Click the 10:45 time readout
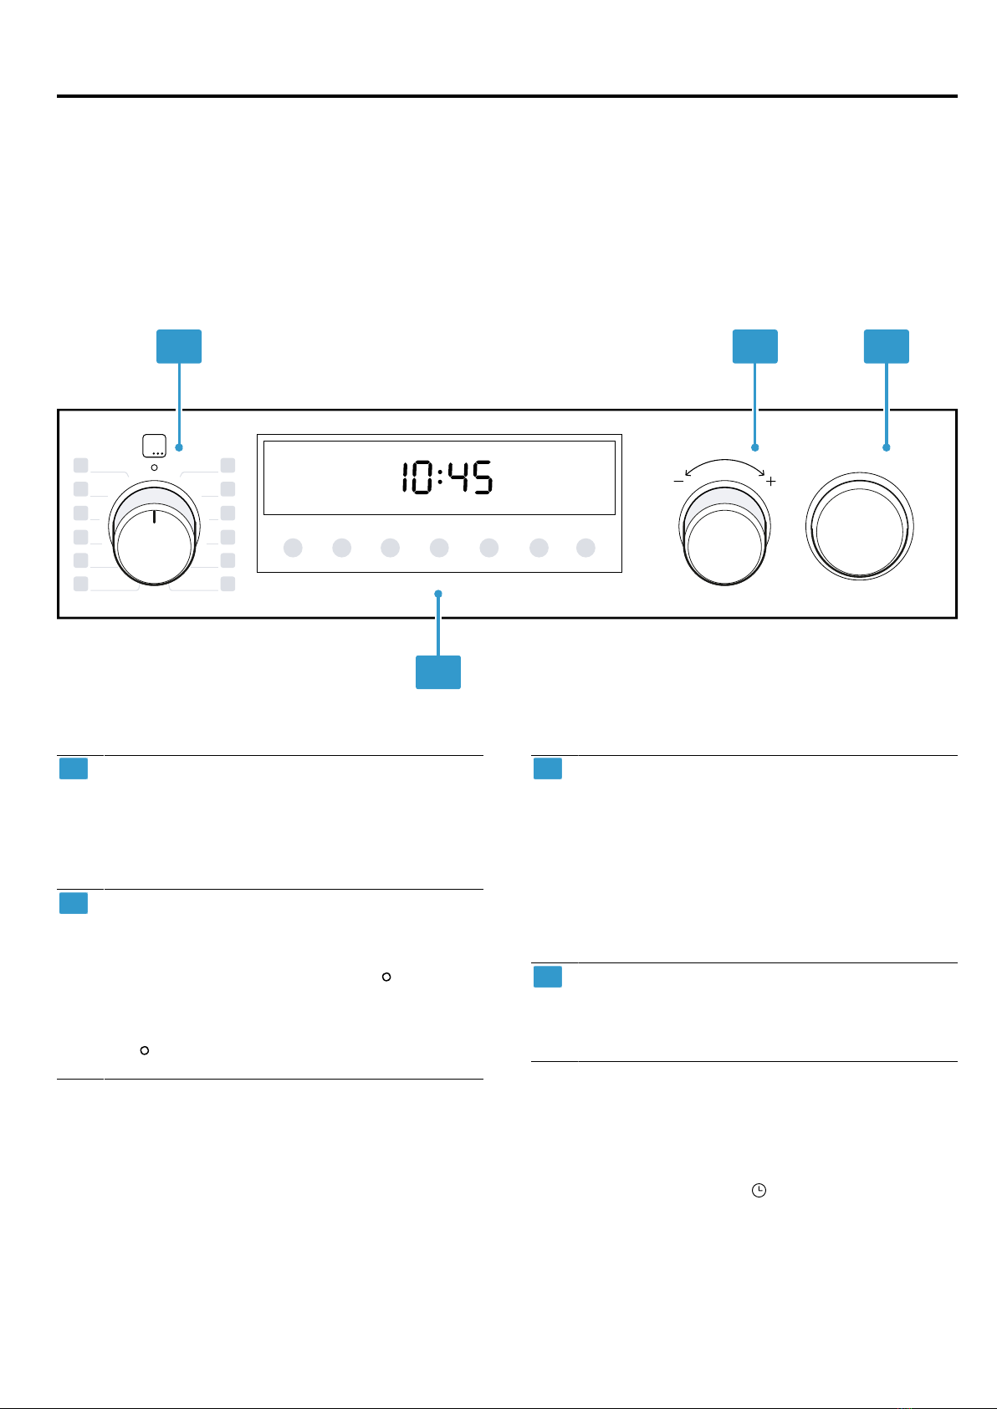tap(447, 477)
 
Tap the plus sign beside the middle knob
tap(770, 481)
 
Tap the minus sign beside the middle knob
tap(678, 481)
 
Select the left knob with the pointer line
tap(154, 533)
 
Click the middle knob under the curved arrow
tap(724, 533)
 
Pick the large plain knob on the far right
tap(859, 527)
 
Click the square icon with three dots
tap(154, 446)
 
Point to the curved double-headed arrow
tap(724, 461)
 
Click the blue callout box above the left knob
tap(179, 346)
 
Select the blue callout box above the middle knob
tap(754, 346)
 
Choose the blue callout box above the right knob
tap(887, 346)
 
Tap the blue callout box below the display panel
tap(438, 672)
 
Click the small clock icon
tap(759, 1190)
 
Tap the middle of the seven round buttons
tap(439, 548)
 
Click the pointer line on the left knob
tap(154, 517)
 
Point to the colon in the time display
tap(440, 477)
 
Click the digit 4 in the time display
tap(458, 477)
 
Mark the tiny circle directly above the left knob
tap(154, 467)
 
